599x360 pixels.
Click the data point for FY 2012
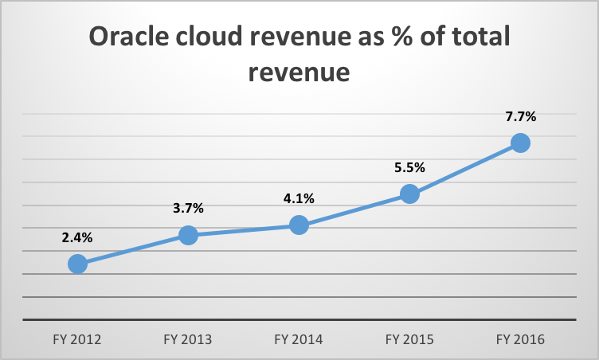tap(77, 264)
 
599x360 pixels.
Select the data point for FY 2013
tap(188, 235)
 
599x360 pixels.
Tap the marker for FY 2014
tap(299, 225)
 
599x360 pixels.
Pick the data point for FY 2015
tap(409, 194)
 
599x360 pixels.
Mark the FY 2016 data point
tap(520, 143)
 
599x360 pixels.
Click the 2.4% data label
tap(77, 237)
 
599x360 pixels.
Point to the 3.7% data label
tap(188, 209)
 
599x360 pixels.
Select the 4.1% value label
tap(299, 199)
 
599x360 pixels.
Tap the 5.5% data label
tap(409, 167)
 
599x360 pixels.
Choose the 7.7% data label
tap(520, 116)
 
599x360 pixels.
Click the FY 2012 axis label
tap(77, 339)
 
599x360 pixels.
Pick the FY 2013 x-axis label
tap(188, 339)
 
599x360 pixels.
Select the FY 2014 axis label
tap(299, 339)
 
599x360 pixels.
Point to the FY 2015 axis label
tap(409, 339)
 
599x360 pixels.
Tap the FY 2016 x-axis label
tap(520, 339)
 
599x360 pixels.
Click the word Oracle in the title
tap(132, 37)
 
